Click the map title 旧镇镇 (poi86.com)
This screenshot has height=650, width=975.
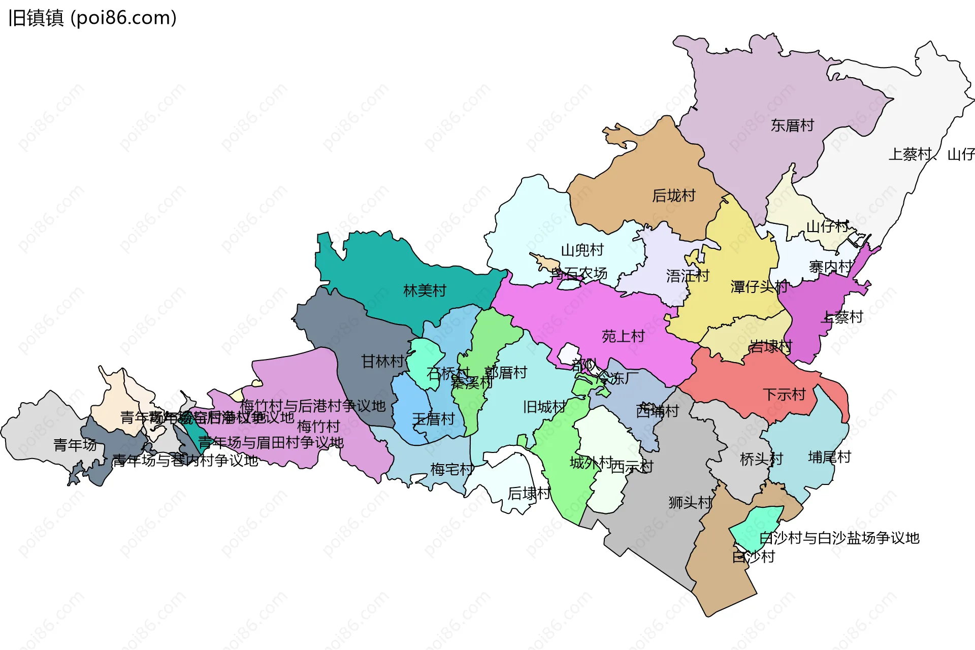point(92,18)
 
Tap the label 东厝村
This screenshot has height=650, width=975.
point(792,125)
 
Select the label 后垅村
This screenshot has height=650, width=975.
point(673,196)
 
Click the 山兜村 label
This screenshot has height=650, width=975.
point(582,250)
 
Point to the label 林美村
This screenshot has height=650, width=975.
point(425,290)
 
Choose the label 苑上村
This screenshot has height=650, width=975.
point(623,336)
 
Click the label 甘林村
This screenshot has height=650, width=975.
point(382,362)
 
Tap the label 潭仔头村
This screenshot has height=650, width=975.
point(759,287)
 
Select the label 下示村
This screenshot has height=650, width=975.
point(784,395)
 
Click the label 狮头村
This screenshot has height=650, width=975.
point(690,503)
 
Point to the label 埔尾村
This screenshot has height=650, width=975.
point(829,457)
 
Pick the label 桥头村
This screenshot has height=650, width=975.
point(761,459)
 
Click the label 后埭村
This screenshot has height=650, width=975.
point(529,493)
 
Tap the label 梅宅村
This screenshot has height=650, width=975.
point(451,469)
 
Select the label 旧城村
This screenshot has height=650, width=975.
point(544,407)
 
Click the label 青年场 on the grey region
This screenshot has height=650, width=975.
point(75,445)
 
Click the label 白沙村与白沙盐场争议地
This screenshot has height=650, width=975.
point(839,538)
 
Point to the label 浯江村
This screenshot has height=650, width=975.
point(688,276)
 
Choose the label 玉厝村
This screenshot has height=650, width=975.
point(433,419)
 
